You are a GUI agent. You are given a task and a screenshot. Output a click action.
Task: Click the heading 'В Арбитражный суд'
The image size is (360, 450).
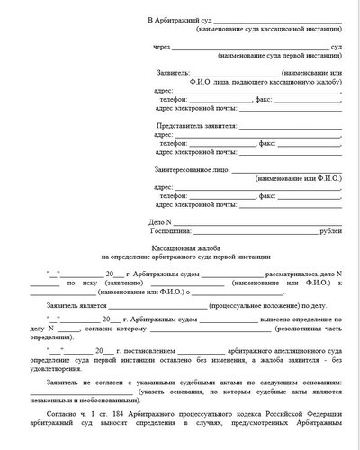point(182,19)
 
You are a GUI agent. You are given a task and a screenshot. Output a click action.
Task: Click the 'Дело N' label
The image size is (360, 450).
point(159,220)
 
